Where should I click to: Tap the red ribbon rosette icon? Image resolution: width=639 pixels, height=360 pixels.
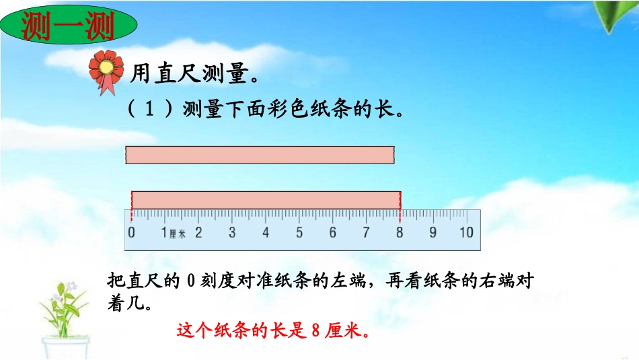pos(108,69)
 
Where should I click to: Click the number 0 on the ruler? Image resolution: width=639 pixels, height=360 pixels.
pos(131,233)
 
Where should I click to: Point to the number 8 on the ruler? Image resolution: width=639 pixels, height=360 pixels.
pos(400,233)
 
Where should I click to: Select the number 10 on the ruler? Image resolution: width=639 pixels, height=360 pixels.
pos(465,233)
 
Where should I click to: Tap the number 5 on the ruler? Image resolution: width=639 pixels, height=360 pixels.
pos(299,233)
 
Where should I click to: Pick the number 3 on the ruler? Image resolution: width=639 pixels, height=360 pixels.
pos(232,233)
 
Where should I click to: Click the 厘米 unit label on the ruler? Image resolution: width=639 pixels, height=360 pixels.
pos(178,234)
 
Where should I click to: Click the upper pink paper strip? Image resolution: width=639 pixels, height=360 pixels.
pos(260,155)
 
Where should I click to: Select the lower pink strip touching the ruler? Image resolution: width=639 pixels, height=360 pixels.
pos(266,200)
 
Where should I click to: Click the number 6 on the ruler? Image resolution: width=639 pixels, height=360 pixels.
pos(332,233)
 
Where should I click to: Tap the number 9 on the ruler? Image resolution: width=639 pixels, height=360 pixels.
pos(433,233)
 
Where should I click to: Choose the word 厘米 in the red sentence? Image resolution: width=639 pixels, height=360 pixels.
pos(344,331)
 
